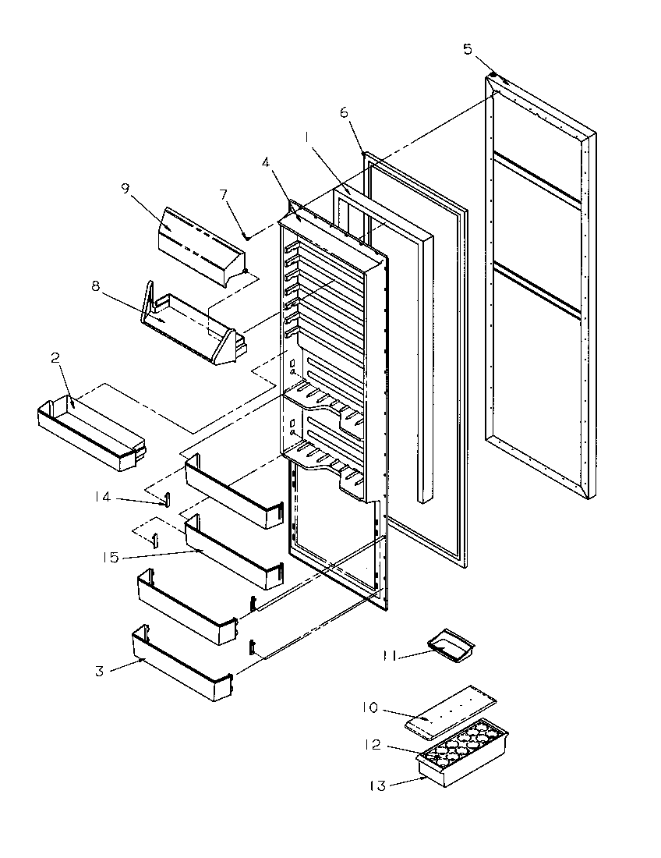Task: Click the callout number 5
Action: (x=468, y=49)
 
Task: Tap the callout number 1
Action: (x=309, y=137)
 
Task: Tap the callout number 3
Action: (x=99, y=671)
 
